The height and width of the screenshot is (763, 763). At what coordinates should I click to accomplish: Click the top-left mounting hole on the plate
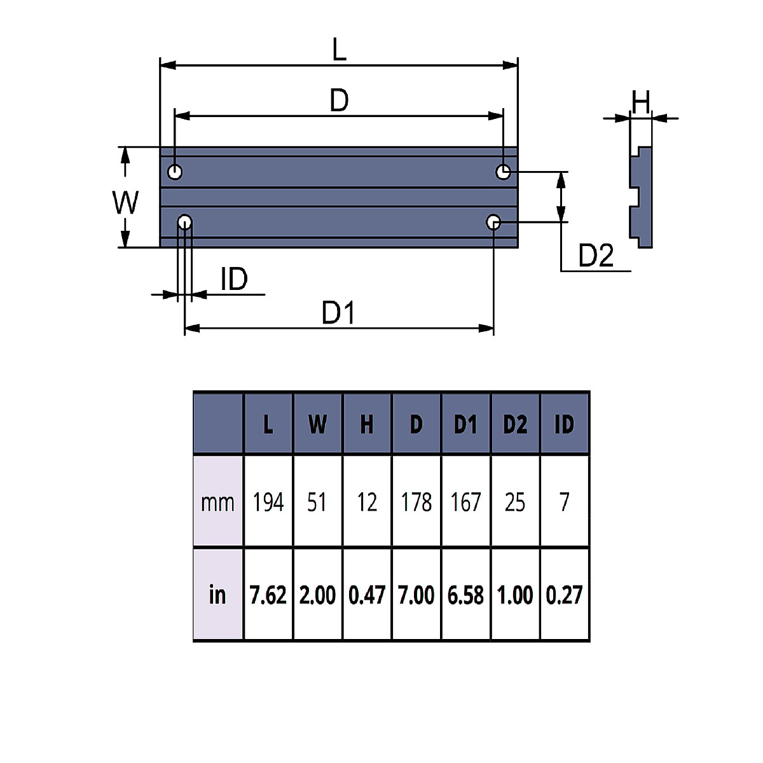coord(175,172)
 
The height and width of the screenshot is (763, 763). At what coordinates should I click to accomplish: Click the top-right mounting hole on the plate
coord(503,172)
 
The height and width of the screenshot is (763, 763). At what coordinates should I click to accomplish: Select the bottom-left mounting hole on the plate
coord(185,222)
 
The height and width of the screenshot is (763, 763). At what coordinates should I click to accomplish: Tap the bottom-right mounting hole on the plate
coord(493,222)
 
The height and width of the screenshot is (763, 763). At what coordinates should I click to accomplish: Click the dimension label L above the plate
coord(340,50)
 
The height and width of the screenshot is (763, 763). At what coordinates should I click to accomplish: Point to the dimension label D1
coord(338,313)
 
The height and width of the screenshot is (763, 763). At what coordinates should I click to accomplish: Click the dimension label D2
coord(596,256)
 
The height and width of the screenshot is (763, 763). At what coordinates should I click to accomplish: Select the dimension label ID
coord(234,279)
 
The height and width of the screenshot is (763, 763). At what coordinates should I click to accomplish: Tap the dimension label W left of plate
coord(126,203)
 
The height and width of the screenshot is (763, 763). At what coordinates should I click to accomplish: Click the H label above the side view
coord(641,102)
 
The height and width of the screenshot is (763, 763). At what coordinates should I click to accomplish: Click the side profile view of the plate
coord(642,197)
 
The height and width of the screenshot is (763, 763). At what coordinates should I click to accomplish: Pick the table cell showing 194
coord(268,502)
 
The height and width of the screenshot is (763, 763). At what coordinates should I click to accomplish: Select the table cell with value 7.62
coord(268,595)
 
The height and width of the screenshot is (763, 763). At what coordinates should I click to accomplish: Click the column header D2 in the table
coord(515,424)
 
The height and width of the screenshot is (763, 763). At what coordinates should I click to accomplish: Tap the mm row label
coord(217,502)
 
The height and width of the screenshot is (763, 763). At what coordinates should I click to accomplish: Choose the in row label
coord(217,595)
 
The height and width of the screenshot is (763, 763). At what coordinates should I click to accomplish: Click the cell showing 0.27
coord(564,595)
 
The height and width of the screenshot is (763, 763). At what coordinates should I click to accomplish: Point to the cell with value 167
coord(465,502)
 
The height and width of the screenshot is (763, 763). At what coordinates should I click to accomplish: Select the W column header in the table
coord(317,424)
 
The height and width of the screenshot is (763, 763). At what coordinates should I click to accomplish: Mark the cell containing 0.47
coord(367,595)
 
